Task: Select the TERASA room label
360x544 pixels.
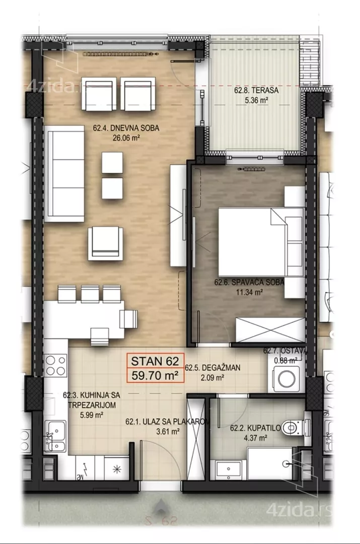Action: pyautogui.click(x=256, y=91)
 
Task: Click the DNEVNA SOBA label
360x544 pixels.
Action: pyautogui.click(x=126, y=128)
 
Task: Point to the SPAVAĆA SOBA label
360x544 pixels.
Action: pyautogui.click(x=249, y=282)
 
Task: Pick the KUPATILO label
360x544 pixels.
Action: pyautogui.click(x=255, y=428)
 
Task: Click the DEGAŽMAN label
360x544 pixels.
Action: pyautogui.click(x=212, y=368)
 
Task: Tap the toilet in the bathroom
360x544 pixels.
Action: pyautogui.click(x=294, y=427)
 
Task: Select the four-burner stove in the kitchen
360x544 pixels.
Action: pyautogui.click(x=55, y=365)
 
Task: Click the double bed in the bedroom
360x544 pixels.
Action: pyautogui.click(x=261, y=242)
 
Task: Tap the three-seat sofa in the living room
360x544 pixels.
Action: pyautogui.click(x=64, y=173)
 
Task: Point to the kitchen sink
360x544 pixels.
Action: pyautogui.click(x=55, y=435)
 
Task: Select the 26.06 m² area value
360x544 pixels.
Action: pyautogui.click(x=126, y=138)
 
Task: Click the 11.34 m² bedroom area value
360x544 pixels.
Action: pyautogui.click(x=249, y=292)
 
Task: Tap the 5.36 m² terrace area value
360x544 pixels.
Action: pyautogui.click(x=256, y=101)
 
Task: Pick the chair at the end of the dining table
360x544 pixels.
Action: pyautogui.click(x=129, y=319)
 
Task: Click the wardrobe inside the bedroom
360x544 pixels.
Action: pyautogui.click(x=270, y=329)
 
